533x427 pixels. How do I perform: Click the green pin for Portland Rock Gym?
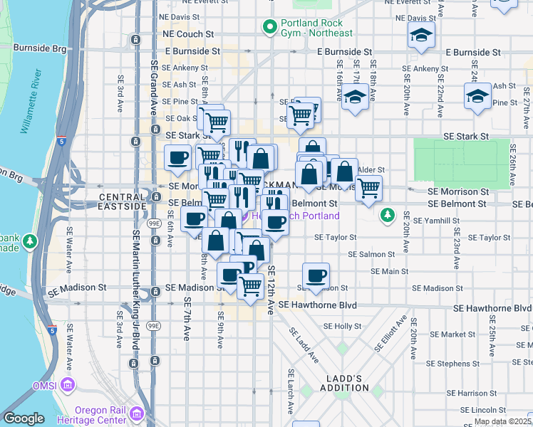click(270, 27)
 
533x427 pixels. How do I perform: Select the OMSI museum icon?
click(68, 386)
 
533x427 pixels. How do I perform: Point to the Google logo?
click(24, 418)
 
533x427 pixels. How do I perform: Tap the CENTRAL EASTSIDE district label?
click(123, 201)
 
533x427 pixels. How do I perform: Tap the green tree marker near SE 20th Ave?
click(387, 213)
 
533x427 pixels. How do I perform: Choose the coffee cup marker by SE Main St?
click(316, 275)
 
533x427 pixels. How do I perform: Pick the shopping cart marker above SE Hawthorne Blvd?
click(250, 286)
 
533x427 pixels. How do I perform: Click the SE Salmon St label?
click(371, 254)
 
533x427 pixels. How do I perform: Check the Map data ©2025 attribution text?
click(503, 421)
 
